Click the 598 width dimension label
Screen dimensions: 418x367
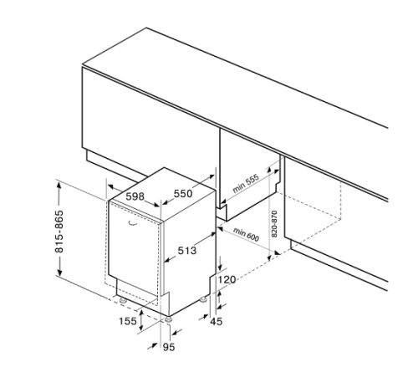135,196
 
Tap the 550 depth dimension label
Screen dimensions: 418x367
183,193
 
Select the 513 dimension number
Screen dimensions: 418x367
187,251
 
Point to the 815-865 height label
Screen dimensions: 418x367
59,232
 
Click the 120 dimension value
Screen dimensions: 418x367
227,279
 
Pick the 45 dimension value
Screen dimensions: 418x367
217,321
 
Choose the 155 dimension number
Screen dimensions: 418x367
128,321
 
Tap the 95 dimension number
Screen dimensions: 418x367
169,347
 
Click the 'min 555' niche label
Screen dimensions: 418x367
246,183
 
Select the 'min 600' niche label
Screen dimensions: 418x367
246,234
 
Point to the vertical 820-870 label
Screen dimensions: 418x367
274,224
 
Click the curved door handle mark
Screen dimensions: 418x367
133,223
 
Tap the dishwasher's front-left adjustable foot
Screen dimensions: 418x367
122,300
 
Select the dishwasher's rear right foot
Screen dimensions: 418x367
203,299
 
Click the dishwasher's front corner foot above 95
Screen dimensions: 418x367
168,319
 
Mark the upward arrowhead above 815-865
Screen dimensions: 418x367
59,185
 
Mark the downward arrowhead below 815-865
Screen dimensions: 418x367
59,271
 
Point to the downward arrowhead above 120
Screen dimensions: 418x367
220,267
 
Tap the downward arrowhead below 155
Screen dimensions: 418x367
141,327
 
